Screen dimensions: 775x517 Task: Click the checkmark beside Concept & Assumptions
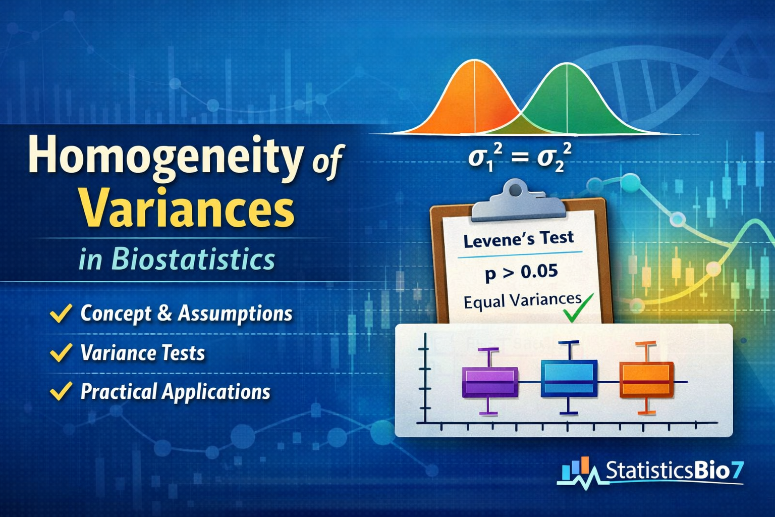(61, 313)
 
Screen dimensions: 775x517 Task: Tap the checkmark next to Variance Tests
(61, 352)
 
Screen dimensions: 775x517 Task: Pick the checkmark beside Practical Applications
(61, 391)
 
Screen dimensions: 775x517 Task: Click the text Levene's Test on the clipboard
(518, 239)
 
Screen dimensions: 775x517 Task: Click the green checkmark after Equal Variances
(578, 308)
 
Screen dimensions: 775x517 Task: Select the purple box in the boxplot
(490, 382)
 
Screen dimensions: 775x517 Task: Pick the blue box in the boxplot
(569, 378)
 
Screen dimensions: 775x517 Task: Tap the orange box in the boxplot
(646, 380)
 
